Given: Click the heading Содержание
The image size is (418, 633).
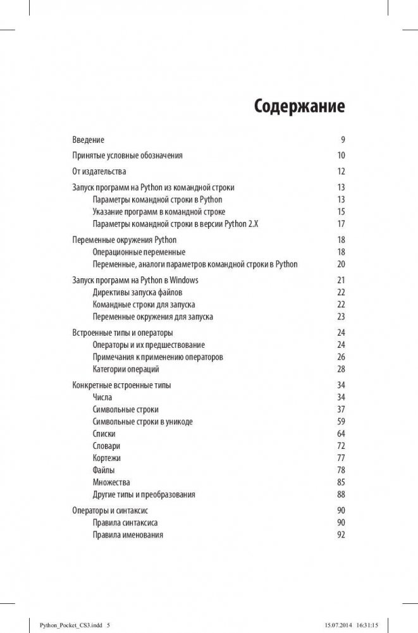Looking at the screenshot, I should pos(299,106).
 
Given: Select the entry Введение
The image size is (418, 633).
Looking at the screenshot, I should pos(89,140).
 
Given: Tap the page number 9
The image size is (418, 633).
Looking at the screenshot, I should pos(342,140).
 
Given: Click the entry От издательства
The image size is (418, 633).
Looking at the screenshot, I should pos(99,171).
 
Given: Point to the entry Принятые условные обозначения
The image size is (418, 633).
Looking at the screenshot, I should pos(127,156).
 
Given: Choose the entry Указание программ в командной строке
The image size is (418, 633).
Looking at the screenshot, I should pos(159,212).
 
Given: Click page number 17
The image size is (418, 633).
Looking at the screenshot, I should pos(341,224).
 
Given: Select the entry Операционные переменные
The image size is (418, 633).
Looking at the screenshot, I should pos(139,252).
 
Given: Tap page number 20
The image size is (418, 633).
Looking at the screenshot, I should pos(341,264).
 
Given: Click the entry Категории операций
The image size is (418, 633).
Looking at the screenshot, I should pos(126,369).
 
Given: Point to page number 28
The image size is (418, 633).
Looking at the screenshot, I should pos(341,369).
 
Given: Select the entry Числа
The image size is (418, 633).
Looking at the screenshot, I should pos(102,397).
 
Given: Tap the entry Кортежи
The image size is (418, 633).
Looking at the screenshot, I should pos(106,458).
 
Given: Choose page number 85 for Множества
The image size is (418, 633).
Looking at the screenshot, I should pos(341,482).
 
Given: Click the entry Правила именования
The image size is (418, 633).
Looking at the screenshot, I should pos(128,535).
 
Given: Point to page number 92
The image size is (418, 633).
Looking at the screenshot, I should pos(341,535).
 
